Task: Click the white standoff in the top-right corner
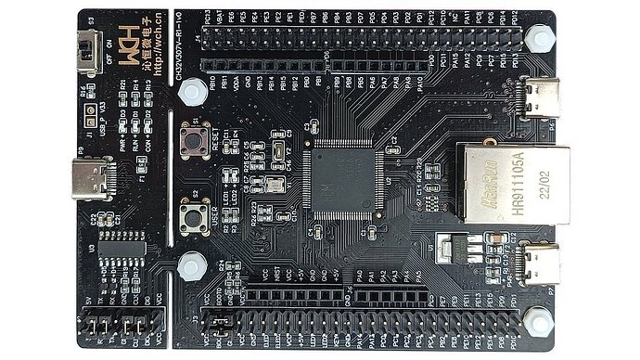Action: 535,38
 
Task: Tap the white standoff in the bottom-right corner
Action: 535,320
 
